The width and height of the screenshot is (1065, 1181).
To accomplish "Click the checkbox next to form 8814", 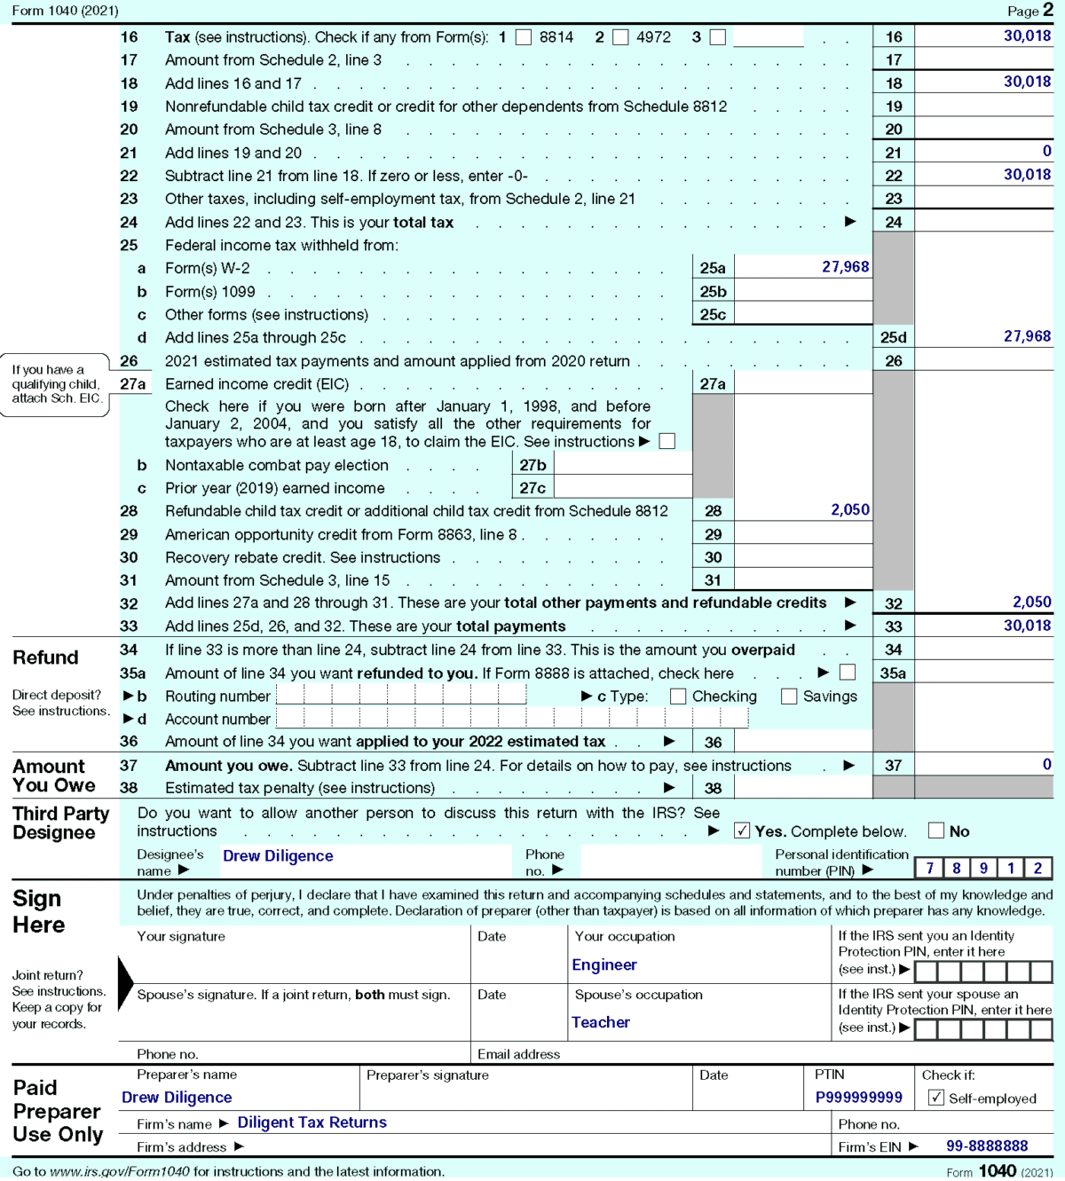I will click(524, 37).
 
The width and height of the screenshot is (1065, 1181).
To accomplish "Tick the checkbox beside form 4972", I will click(620, 37).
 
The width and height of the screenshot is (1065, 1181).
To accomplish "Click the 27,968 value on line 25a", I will click(845, 267).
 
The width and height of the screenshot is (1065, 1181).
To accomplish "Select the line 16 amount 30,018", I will click(1027, 36).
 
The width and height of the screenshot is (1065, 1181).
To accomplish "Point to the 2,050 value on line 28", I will click(849, 510).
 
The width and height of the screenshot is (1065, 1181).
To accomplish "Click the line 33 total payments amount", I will click(1027, 626).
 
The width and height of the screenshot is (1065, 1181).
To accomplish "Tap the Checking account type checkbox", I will click(678, 697).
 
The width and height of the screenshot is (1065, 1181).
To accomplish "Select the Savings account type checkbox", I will click(789, 697).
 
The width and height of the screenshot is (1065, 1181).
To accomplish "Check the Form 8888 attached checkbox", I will click(848, 673).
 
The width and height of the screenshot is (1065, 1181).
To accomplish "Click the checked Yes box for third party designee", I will click(742, 831).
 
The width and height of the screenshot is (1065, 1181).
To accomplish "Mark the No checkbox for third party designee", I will click(935, 831).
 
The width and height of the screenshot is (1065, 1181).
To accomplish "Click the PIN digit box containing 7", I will click(929, 869).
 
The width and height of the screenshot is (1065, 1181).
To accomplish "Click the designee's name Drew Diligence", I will click(278, 856).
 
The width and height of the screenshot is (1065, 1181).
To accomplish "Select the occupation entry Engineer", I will click(603, 965).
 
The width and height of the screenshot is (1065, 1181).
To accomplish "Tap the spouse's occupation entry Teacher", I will click(600, 1023).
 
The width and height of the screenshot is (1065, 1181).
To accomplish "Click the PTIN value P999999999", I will click(858, 1098).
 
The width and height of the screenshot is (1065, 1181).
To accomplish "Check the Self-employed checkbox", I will click(935, 1098).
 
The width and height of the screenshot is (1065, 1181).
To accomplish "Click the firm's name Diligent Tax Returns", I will click(312, 1123).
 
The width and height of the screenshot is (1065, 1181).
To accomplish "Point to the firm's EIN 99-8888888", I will click(986, 1146).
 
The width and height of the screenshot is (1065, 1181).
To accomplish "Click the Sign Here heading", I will click(39, 912).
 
